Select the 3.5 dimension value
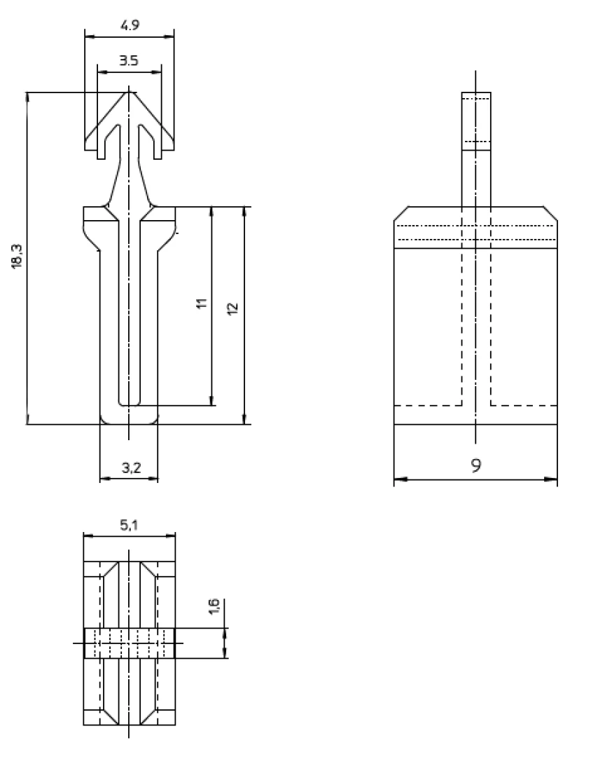(x=129, y=61)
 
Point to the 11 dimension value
(x=202, y=304)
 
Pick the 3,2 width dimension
(x=130, y=468)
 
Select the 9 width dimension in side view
(x=475, y=465)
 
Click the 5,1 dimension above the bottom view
(x=129, y=525)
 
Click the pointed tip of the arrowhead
(x=129, y=88)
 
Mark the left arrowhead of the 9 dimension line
(x=398, y=480)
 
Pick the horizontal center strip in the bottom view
(x=129, y=643)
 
